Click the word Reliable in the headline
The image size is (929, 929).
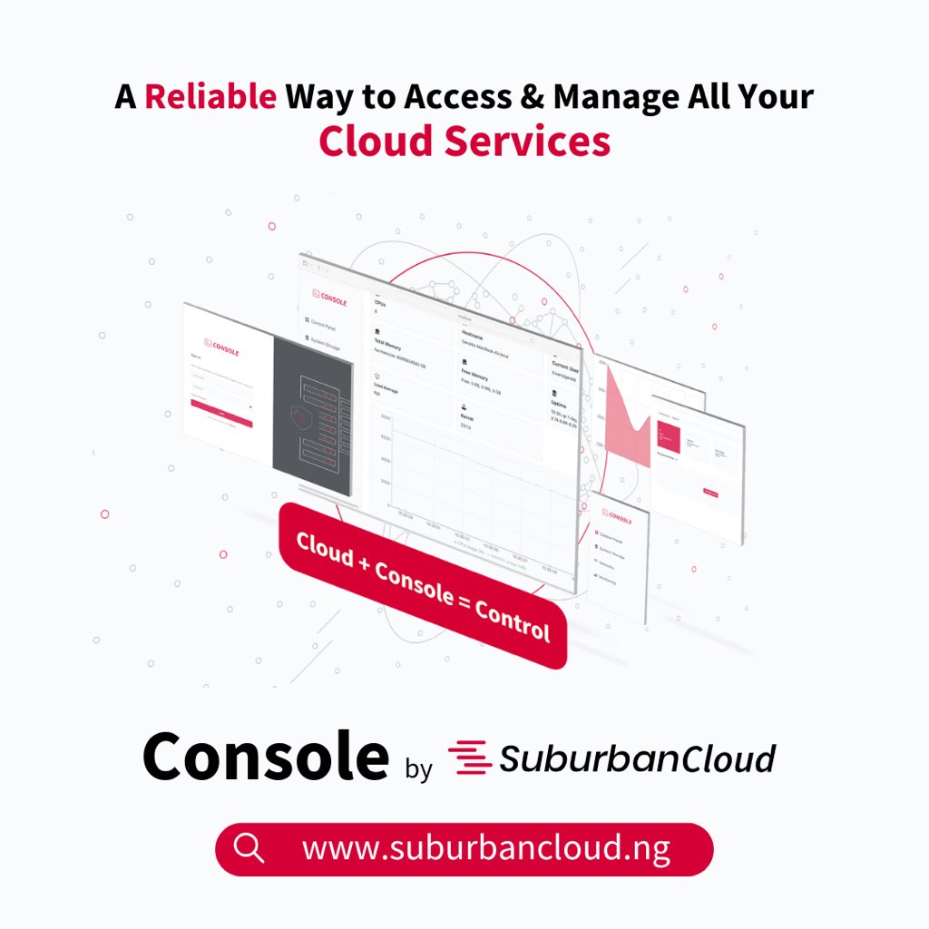pos(210,95)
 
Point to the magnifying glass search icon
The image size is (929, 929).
pos(248,849)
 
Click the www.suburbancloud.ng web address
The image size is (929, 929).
pos(486,849)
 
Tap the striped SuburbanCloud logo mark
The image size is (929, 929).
pos(469,758)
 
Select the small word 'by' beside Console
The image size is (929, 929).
pos(418,768)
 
